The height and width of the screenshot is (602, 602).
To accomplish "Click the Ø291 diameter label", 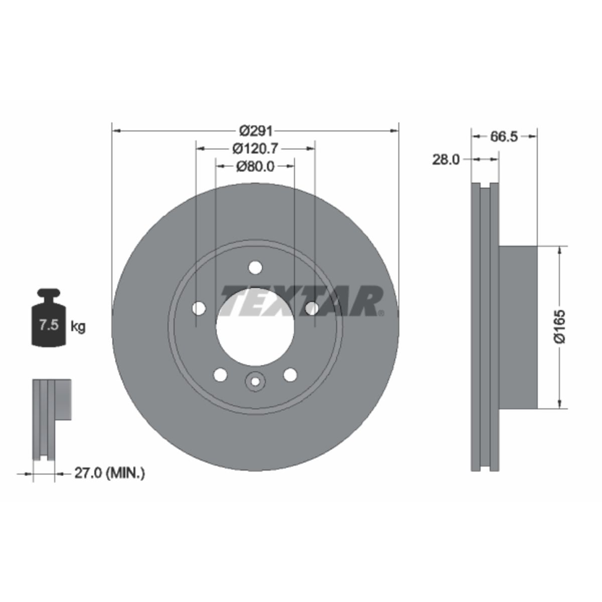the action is pos(255,131).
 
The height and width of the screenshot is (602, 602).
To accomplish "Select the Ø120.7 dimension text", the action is pos(255,148).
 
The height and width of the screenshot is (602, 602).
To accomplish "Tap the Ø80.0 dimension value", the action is pos(255,167).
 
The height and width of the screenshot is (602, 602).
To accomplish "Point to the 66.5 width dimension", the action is pos(504,136).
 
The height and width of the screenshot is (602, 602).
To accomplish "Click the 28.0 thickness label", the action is pos(446,160).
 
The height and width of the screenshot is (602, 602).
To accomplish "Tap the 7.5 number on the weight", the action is pos(49,325).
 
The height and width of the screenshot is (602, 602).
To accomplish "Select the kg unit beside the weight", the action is pos(78,327).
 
